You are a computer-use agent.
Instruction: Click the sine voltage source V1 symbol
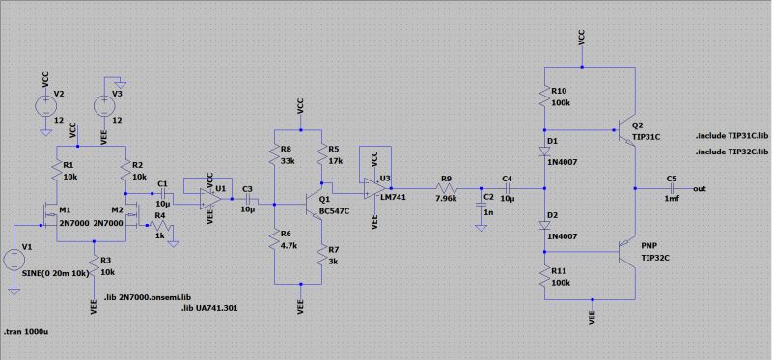[x=15, y=259]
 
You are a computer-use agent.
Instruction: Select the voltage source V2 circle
[x=45, y=104]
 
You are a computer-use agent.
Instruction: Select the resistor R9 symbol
[x=446, y=189]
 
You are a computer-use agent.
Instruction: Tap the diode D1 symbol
[x=547, y=151]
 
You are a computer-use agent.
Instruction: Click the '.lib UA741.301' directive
[x=210, y=307]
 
